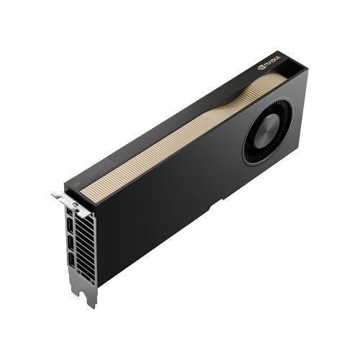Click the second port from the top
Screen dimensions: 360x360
[x=71, y=225]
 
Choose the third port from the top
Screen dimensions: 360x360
[x=71, y=243]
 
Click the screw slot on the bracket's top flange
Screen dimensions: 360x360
[x=75, y=204]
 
